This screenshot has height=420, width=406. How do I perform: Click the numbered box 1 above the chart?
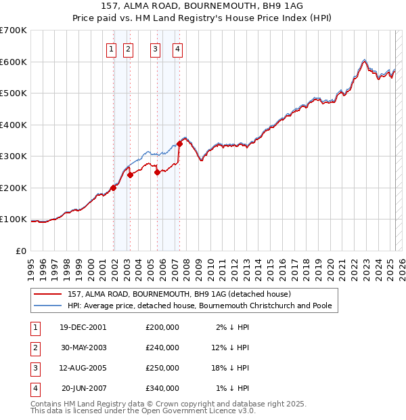point(110,49)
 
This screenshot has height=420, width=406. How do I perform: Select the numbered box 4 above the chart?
point(177,49)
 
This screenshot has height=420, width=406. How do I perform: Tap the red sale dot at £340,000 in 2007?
point(179,144)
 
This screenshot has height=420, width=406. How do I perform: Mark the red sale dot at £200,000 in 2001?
point(114,188)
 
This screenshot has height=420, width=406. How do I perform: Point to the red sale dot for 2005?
point(157,172)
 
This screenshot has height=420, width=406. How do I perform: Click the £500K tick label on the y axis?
point(14,93)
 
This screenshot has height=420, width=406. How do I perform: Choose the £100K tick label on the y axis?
point(14,219)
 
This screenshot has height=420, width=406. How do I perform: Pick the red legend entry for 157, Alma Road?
point(179,294)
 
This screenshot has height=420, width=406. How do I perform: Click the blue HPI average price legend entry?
point(199,306)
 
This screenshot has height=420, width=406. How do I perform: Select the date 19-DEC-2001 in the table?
point(83,327)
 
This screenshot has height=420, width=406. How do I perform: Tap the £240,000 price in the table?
point(162,348)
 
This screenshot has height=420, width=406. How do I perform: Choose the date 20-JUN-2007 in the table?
point(83,388)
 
